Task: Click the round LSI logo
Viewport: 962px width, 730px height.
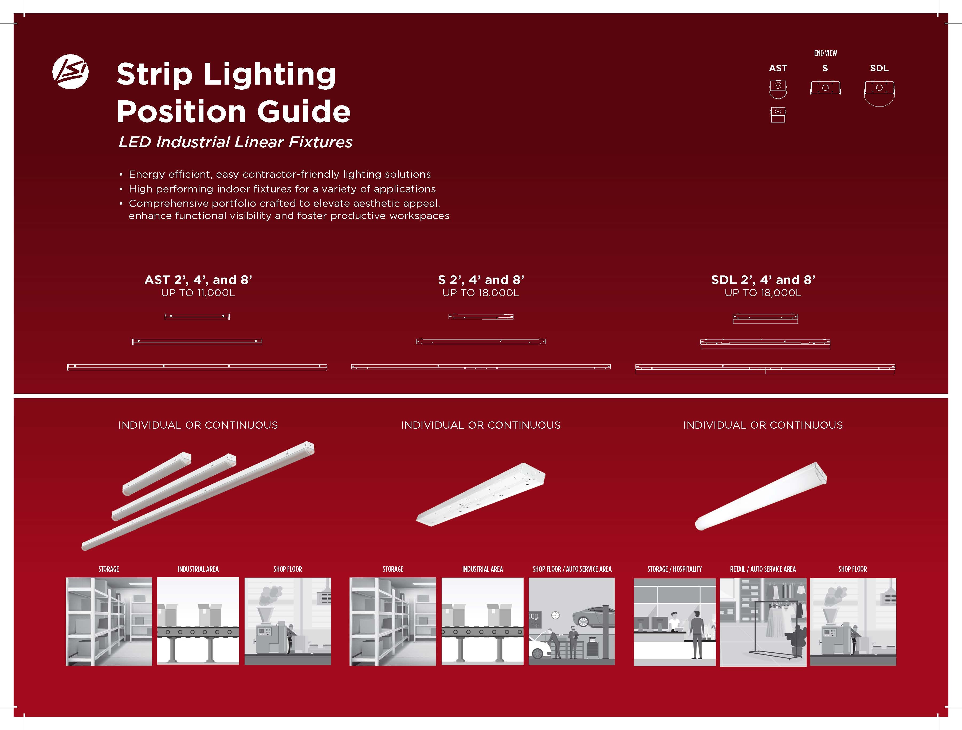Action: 70,72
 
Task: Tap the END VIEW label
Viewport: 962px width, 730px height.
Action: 826,53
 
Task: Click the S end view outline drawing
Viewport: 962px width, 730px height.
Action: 825,87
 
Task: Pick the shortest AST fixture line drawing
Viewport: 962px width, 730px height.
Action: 197,317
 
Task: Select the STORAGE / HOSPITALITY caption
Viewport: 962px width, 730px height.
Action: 674,569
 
